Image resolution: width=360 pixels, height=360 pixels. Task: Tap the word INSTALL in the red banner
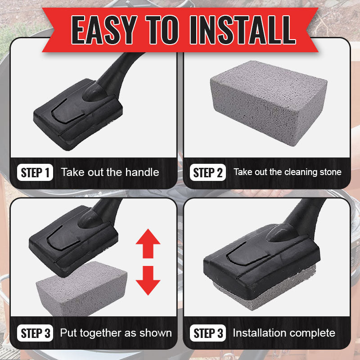(243, 30)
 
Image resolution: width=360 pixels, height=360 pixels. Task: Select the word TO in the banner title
(162, 30)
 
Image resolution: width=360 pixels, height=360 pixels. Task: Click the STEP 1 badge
(35, 172)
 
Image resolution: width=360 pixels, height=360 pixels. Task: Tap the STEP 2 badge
(208, 172)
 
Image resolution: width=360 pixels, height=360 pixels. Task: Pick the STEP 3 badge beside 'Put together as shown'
(35, 333)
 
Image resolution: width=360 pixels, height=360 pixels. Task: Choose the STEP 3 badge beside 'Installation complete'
(208, 333)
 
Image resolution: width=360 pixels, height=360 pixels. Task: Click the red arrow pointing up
(148, 243)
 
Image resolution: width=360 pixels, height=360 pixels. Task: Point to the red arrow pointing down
(148, 280)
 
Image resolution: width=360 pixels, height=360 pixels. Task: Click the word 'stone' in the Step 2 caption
(331, 172)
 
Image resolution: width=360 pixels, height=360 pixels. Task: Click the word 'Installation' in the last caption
(258, 333)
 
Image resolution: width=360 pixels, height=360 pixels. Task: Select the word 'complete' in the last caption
(310, 333)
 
